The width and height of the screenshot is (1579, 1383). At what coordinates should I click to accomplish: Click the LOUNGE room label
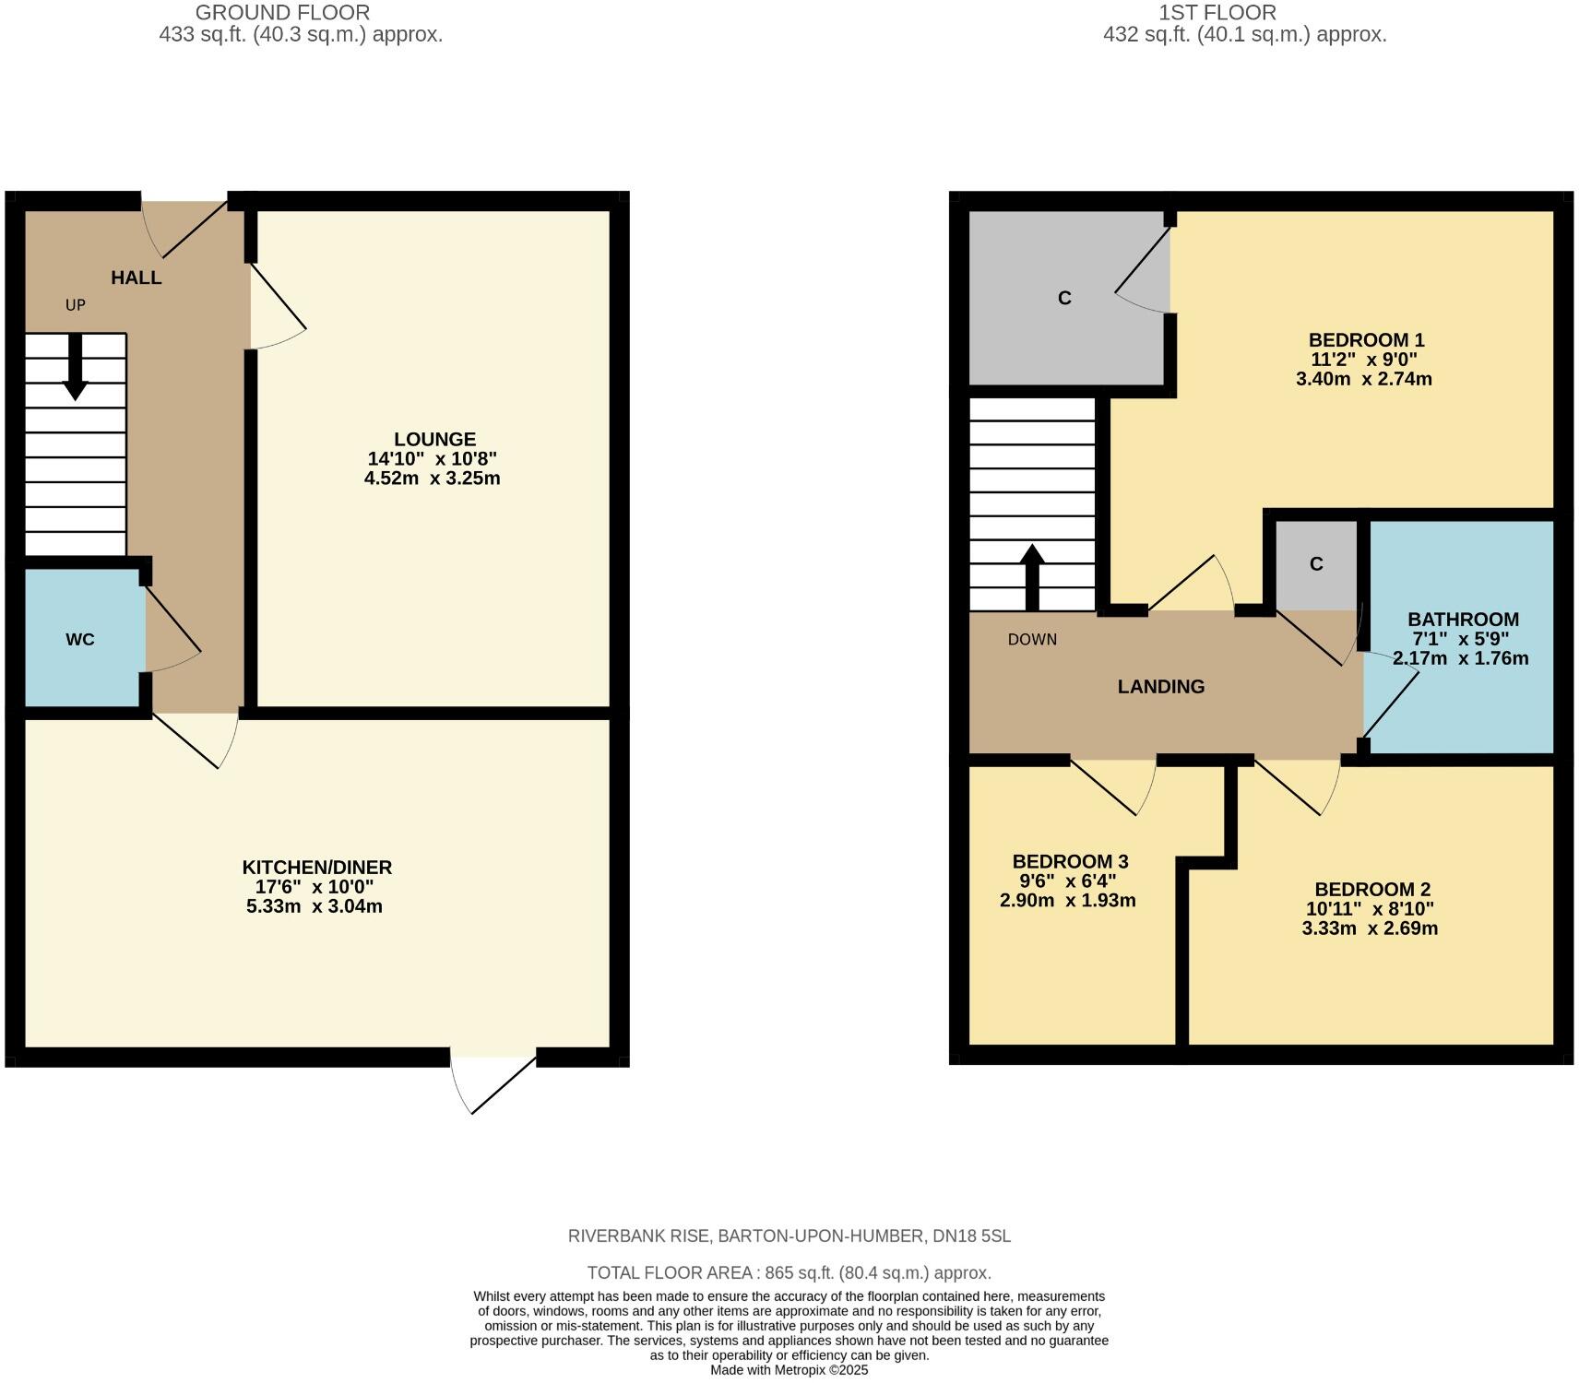(434, 439)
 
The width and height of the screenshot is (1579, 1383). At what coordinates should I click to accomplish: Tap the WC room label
(80, 639)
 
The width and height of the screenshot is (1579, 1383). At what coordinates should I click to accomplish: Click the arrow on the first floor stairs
(1032, 577)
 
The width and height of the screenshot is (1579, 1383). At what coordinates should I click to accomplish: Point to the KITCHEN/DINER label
(316, 867)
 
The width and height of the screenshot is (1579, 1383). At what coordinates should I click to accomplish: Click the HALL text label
(137, 278)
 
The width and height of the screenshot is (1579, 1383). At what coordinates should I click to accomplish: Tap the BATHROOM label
(1463, 619)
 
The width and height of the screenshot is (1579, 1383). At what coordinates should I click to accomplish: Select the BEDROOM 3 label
(1070, 861)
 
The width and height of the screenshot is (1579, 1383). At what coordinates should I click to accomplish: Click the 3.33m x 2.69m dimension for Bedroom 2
(1370, 928)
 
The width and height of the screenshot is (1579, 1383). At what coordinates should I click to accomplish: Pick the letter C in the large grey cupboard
(1064, 298)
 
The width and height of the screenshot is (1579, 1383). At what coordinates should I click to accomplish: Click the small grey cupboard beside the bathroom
(1316, 564)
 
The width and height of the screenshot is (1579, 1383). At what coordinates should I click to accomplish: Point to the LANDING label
(1160, 686)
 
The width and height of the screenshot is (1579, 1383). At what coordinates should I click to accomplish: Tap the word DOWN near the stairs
(1032, 639)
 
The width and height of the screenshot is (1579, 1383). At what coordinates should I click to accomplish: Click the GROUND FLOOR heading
(282, 13)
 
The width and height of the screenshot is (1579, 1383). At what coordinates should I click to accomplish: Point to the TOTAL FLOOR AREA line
(789, 1272)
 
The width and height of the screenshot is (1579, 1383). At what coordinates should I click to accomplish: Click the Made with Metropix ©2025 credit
(789, 1370)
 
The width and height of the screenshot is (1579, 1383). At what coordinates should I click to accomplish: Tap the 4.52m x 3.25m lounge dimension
(433, 478)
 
